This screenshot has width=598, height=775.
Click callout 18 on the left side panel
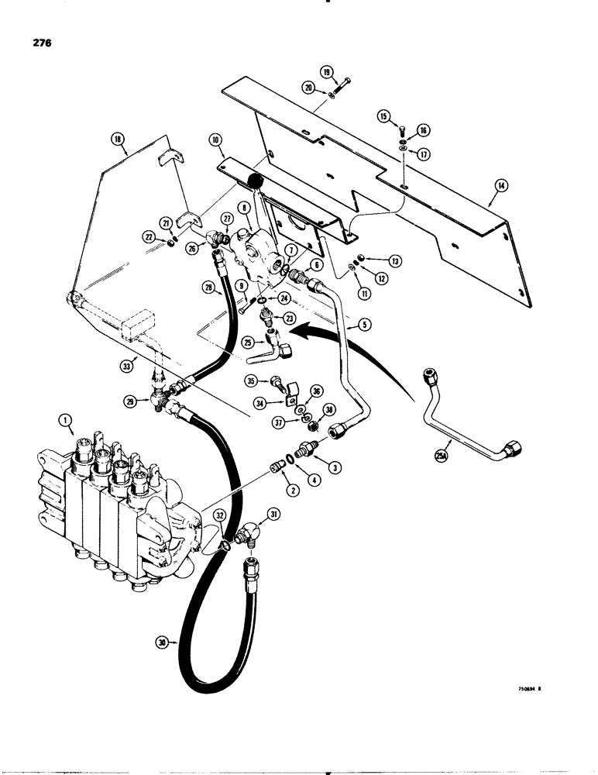118,139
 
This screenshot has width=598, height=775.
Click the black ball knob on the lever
254,181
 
